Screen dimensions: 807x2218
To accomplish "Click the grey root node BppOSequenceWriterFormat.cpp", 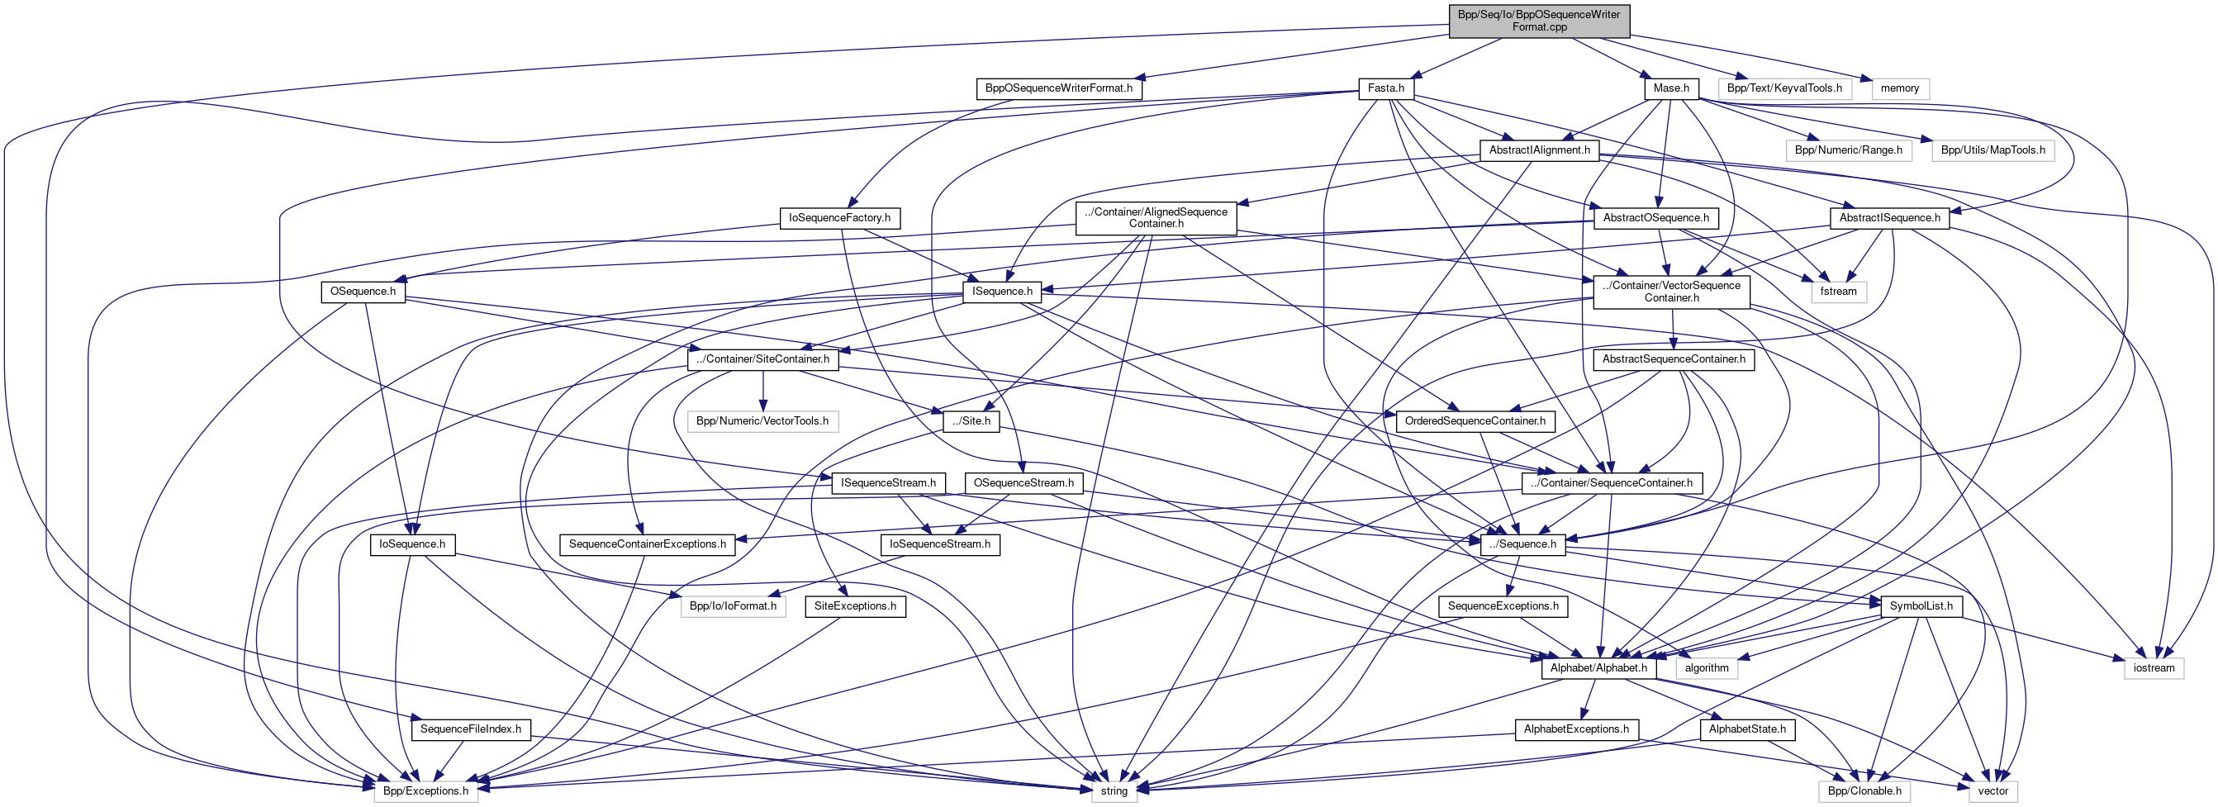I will click(1539, 21).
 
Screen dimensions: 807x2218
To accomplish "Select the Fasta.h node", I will click(1385, 88).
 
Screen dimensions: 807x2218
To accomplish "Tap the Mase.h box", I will click(1670, 88).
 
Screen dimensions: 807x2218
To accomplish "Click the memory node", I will click(1899, 88).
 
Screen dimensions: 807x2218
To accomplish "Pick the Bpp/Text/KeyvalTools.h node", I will click(1784, 88).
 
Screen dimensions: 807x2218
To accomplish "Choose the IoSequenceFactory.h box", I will click(839, 218).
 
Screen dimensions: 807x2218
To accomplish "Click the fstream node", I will click(1838, 291).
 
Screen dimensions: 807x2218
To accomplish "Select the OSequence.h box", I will click(363, 291).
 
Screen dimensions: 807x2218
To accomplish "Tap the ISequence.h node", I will click(1001, 291).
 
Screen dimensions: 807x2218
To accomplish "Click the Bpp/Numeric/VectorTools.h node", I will click(762, 421).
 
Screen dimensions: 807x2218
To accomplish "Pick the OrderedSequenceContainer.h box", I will click(1475, 421).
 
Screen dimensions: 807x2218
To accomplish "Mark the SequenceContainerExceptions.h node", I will click(647, 544).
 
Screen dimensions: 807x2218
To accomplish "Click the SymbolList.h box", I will click(1921, 606).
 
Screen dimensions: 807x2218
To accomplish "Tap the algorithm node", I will click(1707, 668).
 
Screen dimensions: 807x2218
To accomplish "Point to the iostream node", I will click(2154, 668).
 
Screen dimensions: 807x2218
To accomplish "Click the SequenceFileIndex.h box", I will click(471, 729).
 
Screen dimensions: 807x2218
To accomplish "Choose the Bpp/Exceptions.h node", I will click(425, 791).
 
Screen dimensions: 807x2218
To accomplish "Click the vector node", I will click(1992, 791).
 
